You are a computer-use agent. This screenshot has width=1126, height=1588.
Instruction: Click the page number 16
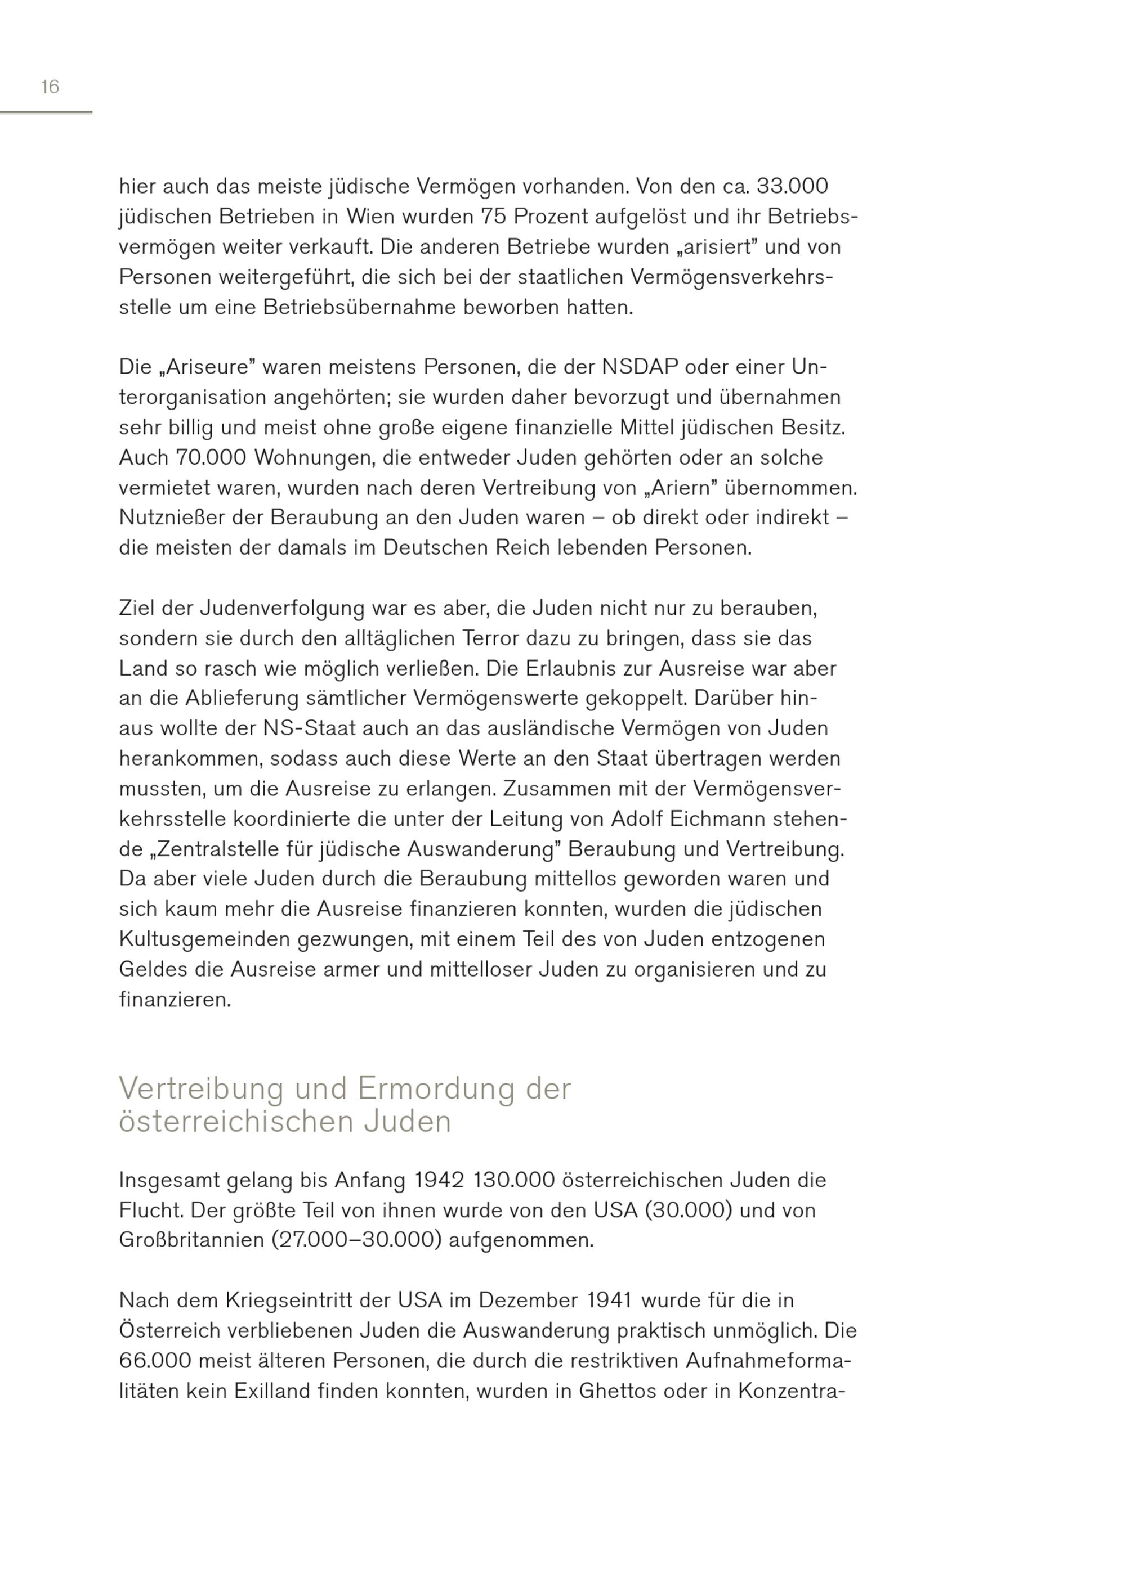tap(50, 87)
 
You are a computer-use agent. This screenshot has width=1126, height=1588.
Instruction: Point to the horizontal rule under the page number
tap(46, 113)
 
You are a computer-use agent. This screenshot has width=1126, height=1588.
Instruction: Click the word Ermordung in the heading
tap(436, 1088)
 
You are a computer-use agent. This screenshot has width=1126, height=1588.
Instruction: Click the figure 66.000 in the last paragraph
tap(155, 1361)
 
